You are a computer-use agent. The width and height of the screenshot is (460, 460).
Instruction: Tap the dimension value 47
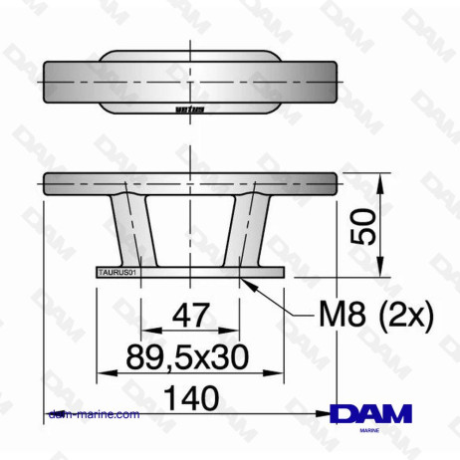tap(190, 316)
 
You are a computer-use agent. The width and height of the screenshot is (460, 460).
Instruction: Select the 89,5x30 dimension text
tap(189, 354)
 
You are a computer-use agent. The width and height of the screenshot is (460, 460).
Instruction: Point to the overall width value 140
tap(189, 396)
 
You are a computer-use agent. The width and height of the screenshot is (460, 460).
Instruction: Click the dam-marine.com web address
tap(94, 414)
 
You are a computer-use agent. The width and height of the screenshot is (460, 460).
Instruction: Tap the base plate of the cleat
tap(189, 271)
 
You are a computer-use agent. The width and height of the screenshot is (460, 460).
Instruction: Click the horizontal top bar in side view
tap(189, 183)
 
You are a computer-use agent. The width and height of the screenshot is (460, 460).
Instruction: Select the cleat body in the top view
tap(189, 83)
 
